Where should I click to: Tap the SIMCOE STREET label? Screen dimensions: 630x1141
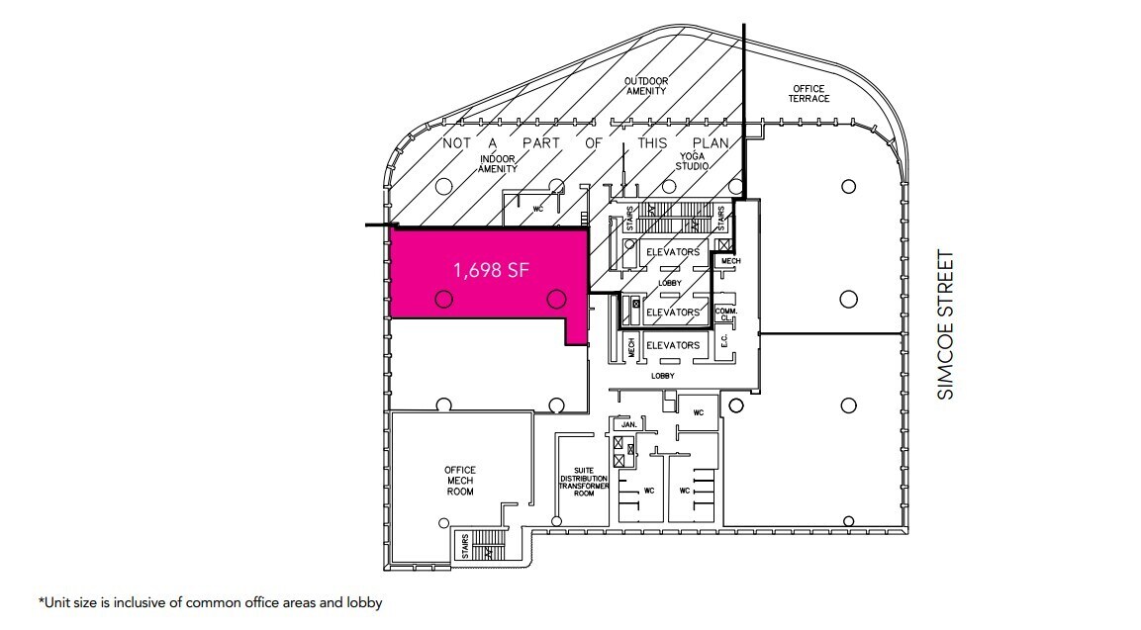947,325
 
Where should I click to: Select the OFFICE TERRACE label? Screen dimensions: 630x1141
808,93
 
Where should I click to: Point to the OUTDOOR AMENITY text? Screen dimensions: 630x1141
645,85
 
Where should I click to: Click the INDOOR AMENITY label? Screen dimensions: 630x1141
499,164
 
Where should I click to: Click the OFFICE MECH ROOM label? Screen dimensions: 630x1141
460,481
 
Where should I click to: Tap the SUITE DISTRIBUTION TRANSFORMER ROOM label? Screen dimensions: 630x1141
584,482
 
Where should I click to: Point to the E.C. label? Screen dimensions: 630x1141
723,341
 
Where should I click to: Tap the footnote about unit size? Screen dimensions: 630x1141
210,601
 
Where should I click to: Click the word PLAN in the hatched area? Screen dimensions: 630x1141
710,143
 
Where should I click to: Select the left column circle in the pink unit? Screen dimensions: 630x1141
443,298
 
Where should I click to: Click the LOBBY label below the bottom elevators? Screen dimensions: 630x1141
663,376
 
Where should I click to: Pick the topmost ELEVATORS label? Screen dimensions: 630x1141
673,251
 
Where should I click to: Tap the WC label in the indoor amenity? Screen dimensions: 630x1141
538,209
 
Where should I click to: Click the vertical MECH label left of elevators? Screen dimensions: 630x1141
631,347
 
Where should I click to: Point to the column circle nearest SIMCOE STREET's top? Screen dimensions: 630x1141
848,186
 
